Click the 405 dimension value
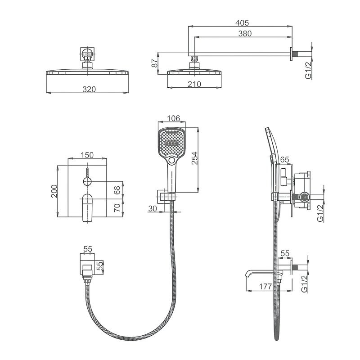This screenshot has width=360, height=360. (242, 23)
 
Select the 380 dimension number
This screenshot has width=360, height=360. (245, 33)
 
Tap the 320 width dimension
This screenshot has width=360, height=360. (89, 89)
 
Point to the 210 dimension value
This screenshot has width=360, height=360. (194, 84)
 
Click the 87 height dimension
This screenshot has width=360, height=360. (155, 63)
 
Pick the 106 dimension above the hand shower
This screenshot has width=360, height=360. (173, 118)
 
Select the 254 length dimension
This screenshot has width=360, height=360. (194, 158)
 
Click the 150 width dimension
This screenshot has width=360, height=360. (87, 155)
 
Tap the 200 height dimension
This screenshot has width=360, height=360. (54, 191)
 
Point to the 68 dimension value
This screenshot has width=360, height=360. (117, 190)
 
